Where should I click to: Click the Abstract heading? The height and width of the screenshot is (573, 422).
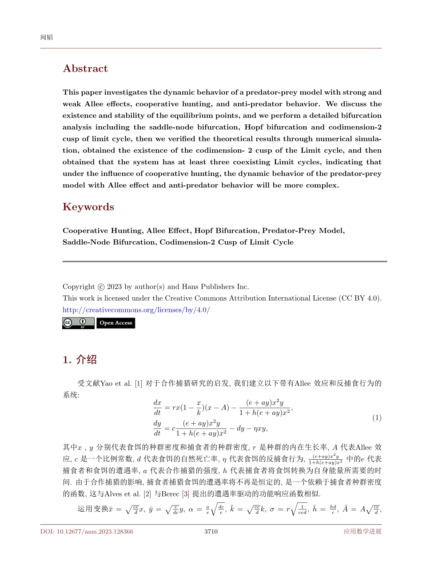point(85,68)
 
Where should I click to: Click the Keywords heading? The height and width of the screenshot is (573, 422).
point(88,207)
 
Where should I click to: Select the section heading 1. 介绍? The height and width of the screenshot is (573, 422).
point(80,360)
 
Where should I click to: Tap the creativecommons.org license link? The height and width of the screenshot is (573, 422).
point(136,310)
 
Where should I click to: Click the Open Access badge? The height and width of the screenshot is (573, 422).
point(115,323)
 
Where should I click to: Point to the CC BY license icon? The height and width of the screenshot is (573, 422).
point(78,323)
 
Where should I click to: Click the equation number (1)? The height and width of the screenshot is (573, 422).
point(377,418)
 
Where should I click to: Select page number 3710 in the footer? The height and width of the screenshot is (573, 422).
point(211,531)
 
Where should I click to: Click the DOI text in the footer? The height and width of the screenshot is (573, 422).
point(87,531)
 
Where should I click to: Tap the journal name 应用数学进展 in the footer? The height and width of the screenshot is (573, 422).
point(362,531)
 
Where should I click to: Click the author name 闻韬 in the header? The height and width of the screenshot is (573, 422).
point(47,37)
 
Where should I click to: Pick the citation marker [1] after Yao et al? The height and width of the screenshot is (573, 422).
point(139,383)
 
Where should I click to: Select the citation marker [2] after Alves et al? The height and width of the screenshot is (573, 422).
point(147,493)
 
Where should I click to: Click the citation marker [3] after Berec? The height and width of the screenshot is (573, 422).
point(186,493)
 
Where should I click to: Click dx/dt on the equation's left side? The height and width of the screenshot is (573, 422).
point(157,407)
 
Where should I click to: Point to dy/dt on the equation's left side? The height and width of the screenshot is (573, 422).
point(157,428)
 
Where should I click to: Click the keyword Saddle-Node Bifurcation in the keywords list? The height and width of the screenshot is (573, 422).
point(109,242)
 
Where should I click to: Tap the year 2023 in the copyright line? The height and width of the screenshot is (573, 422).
point(115,286)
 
